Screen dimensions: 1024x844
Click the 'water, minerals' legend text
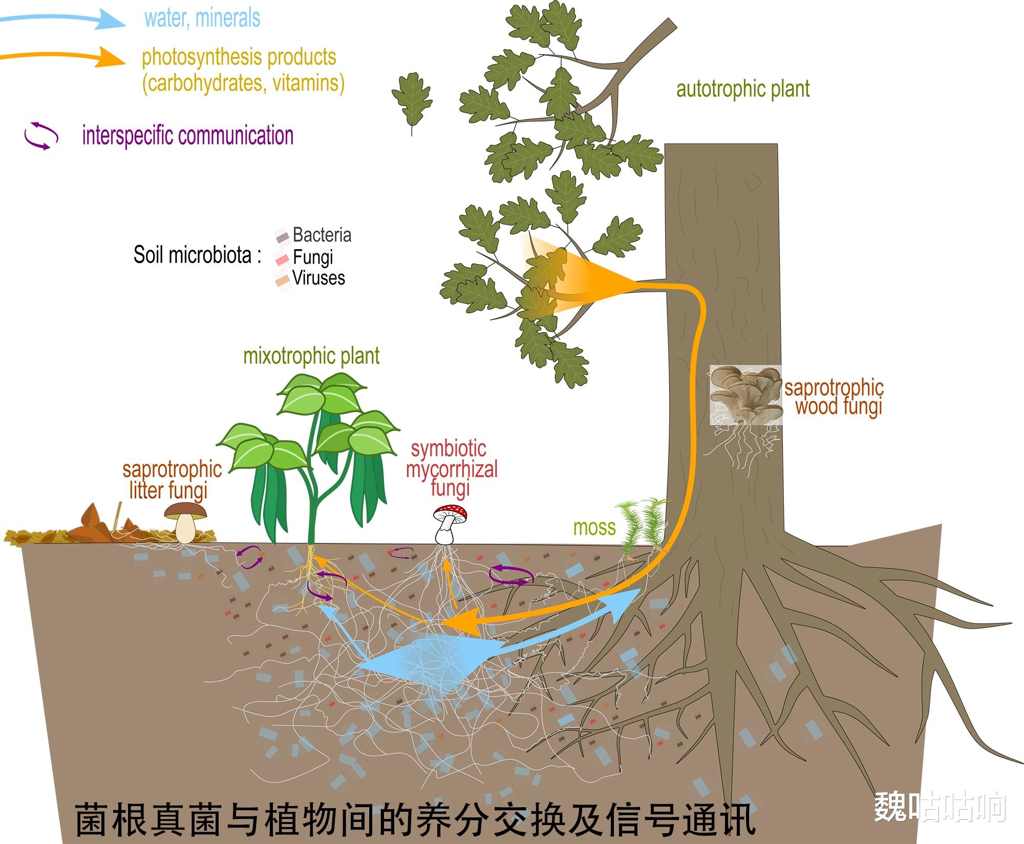point(202,18)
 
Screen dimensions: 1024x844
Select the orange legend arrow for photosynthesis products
point(61,57)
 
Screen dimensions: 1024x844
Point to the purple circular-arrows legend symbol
point(41,136)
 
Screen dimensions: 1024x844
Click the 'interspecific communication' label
point(188,136)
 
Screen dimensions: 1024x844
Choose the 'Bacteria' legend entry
point(322,235)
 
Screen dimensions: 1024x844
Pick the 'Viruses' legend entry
point(318,278)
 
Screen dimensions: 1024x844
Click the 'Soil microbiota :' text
point(197,255)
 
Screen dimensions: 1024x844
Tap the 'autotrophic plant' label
point(743,89)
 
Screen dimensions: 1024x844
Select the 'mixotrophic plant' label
point(311,356)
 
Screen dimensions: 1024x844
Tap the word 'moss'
point(594,528)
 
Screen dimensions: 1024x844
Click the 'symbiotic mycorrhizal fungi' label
point(451,469)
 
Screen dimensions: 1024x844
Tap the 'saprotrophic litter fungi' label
point(172,480)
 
